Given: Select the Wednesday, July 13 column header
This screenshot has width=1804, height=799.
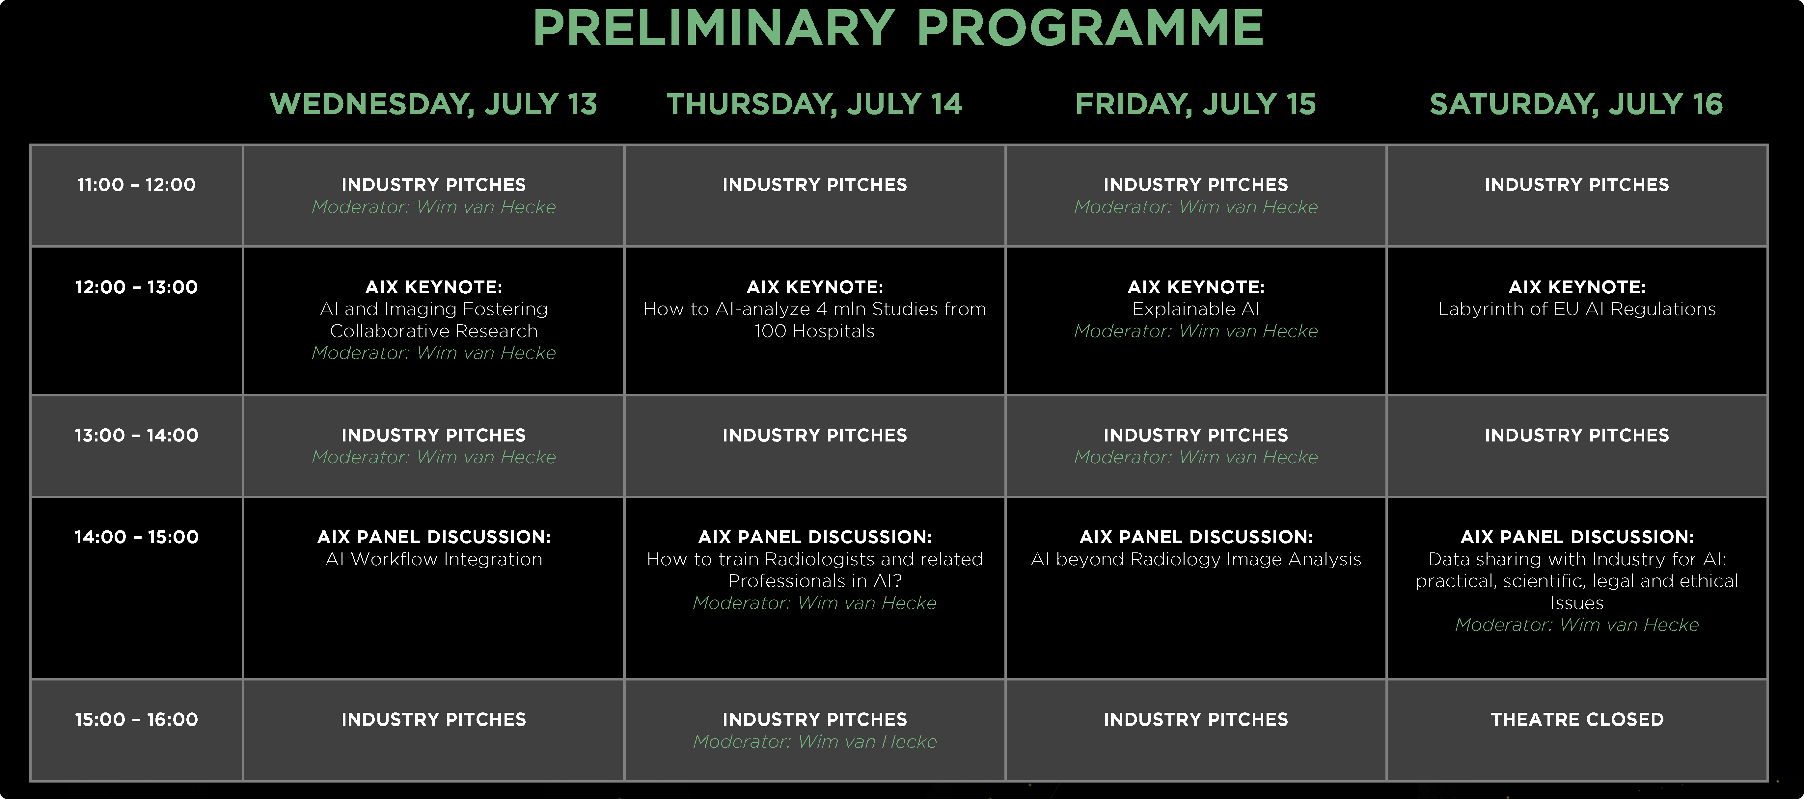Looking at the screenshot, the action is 433,104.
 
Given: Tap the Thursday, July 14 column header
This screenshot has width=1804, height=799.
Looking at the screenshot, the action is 814,104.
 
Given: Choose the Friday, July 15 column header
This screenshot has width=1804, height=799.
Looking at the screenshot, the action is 1195,104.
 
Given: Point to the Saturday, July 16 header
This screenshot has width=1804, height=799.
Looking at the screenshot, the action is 1576,104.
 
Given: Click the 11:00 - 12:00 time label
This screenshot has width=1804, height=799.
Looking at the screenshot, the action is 137,185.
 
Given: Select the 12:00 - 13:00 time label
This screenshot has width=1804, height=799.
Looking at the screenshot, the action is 137,287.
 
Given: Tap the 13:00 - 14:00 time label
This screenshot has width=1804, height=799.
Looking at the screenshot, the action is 137,436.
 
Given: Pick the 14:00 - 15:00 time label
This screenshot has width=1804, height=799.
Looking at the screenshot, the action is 137,537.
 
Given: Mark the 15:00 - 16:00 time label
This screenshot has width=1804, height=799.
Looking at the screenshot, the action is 137,720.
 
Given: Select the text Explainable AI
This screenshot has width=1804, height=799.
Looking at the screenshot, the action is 1195,309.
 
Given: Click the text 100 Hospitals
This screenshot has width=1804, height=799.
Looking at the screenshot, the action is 814,331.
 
